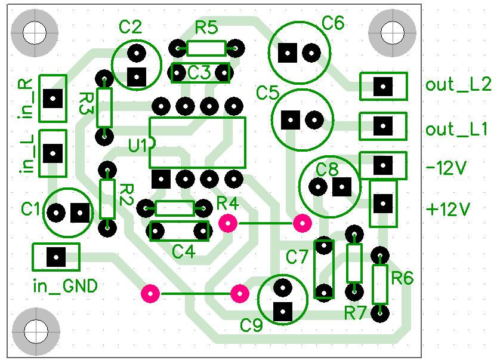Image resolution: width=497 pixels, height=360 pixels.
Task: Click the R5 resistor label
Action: (x=206, y=28)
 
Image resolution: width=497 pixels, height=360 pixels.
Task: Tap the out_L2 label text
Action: (x=458, y=85)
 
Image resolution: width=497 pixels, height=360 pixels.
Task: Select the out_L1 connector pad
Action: (x=383, y=126)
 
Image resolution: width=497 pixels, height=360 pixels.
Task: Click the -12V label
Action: (x=447, y=168)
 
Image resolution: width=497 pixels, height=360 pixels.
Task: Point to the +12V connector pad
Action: (x=383, y=204)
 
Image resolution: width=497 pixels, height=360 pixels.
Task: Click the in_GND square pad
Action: (x=56, y=257)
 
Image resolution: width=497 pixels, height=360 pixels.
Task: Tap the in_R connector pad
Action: (x=53, y=99)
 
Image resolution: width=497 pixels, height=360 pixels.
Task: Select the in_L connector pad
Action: (x=53, y=153)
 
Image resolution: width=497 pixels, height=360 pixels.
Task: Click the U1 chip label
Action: (x=138, y=146)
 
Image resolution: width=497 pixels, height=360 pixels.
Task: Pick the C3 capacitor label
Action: (x=199, y=73)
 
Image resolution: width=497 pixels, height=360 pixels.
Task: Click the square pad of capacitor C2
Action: (x=137, y=77)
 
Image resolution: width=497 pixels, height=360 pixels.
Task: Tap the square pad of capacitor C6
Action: (x=288, y=53)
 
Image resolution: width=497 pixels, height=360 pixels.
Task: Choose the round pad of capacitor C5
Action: (x=314, y=120)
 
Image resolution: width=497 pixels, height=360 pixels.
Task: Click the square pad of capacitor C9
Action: (x=283, y=312)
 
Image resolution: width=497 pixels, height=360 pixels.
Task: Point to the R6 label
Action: (x=403, y=278)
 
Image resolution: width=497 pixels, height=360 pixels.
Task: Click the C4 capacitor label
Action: (x=184, y=252)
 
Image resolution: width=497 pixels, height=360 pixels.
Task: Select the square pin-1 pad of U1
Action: (x=161, y=179)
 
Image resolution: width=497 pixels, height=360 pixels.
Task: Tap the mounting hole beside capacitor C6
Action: (x=393, y=33)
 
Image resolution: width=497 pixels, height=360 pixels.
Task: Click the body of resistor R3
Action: (x=104, y=107)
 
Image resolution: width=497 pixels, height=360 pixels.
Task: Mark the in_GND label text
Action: (x=65, y=287)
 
